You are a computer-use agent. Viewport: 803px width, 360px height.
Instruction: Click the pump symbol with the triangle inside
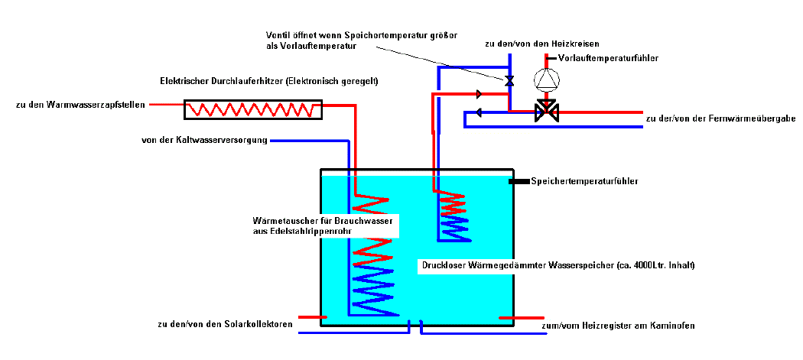[x=545, y=79]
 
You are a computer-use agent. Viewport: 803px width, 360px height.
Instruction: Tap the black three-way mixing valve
[x=546, y=111]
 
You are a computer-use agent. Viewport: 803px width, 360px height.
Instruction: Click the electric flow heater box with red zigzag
[x=253, y=109]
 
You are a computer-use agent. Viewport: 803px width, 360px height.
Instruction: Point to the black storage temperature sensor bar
[x=519, y=181]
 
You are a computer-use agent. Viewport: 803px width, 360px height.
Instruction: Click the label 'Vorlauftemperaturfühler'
[x=608, y=58]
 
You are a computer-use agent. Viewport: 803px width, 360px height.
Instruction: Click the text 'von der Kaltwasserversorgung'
[x=204, y=140]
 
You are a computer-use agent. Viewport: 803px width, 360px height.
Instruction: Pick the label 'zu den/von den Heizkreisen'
[x=541, y=44]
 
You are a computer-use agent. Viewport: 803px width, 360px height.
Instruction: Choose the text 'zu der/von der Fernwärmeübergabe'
[x=720, y=119]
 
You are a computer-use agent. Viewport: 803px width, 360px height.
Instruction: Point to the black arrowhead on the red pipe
[x=480, y=95]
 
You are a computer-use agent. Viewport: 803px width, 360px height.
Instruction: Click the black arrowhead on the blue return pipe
[x=479, y=113]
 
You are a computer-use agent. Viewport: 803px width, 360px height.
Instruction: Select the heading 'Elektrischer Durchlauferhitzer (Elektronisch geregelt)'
[x=269, y=81]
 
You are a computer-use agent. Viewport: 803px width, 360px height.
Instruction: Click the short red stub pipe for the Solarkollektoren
[x=311, y=316]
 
